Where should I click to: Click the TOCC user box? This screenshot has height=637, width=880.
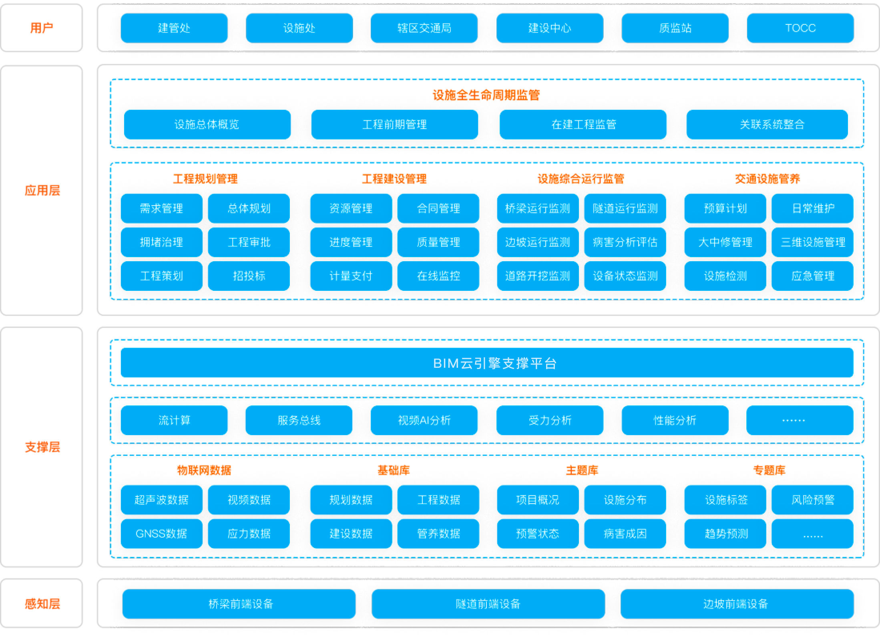(800, 28)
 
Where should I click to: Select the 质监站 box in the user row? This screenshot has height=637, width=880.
(675, 28)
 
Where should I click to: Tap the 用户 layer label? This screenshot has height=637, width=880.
(42, 28)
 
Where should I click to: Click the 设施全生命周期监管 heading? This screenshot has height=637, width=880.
(486, 95)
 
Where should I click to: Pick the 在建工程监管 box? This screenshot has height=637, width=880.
(583, 125)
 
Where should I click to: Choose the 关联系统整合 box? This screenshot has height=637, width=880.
(767, 125)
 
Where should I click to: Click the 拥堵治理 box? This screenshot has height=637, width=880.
(162, 242)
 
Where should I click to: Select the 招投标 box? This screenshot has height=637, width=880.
(249, 276)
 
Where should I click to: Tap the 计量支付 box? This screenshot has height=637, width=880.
(351, 276)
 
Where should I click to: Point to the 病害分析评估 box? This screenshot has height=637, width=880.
(625, 242)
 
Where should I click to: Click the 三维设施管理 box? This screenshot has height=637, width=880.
(813, 242)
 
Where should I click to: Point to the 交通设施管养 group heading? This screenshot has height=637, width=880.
(767, 179)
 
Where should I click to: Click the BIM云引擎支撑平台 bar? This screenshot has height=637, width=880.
(487, 363)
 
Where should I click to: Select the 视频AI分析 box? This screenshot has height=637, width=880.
(424, 420)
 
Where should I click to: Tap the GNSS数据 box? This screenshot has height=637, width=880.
(162, 534)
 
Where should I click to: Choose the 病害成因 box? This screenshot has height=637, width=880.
(625, 534)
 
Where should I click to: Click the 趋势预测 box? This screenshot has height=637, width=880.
(725, 534)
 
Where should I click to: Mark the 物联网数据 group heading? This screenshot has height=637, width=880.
(204, 470)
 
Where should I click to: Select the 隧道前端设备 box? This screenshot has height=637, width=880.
(488, 604)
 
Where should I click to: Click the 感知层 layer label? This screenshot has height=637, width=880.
(42, 604)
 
